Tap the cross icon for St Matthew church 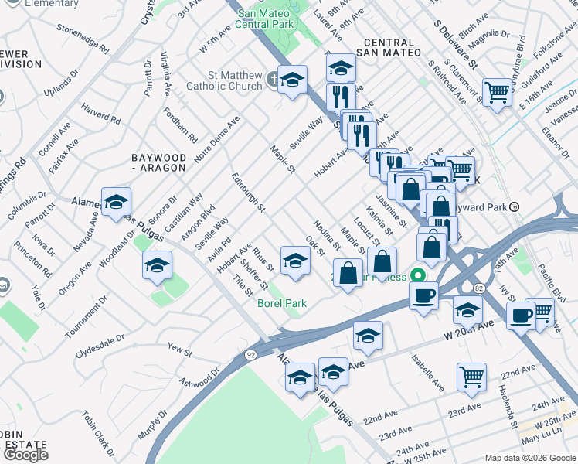coord(272,79)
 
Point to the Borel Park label coord(281,303)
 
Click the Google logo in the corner coord(25,455)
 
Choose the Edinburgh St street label coord(248,193)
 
